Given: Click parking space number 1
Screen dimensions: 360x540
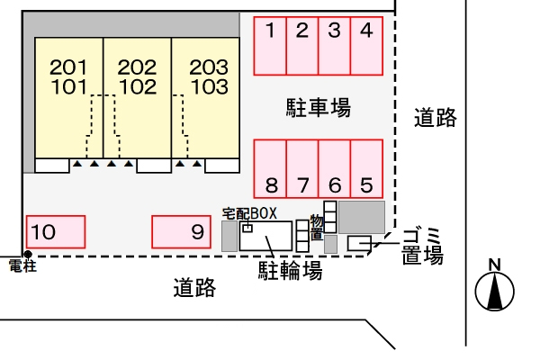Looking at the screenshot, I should point(270,45).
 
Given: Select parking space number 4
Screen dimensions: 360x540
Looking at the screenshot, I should point(365,45).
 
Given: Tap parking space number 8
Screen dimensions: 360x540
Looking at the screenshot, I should point(270,168).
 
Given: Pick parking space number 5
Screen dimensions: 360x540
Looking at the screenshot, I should point(365,168).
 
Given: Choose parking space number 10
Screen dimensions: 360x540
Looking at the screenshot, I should point(56,231).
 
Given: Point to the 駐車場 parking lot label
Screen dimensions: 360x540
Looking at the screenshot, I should point(314,109).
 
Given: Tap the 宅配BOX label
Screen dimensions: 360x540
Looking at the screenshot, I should point(249,213).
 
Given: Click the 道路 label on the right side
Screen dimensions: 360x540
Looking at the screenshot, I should point(436,117).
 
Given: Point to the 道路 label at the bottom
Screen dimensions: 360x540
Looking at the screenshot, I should point(194,288).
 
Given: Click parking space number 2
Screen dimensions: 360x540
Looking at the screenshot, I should point(302,45).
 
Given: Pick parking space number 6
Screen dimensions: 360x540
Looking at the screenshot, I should point(334,168).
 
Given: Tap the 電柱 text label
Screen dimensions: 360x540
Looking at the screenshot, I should point(21,267).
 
